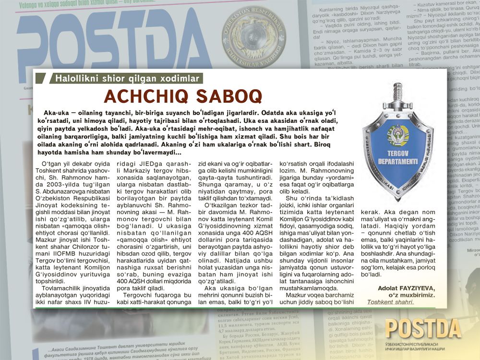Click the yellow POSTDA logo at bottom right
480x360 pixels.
click(x=423, y=329)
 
